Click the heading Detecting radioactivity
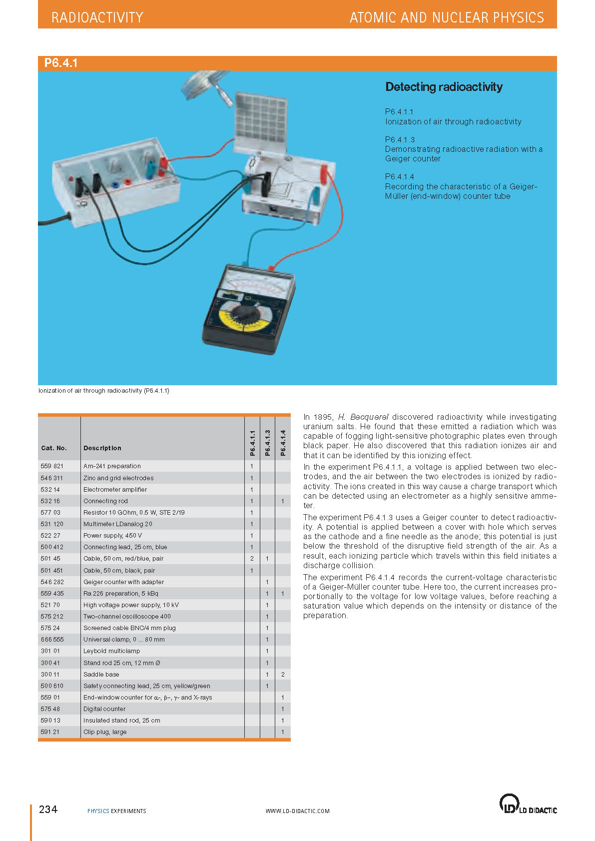point(444,87)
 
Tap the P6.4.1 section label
point(60,63)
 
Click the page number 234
point(48,809)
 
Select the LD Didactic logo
point(528,804)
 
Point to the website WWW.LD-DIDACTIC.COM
point(297,811)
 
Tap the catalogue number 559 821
point(52,466)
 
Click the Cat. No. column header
point(54,448)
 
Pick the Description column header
point(102,448)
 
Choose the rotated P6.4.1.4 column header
point(283,443)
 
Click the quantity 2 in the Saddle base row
point(283,674)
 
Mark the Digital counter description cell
point(104,709)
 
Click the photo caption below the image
point(104,391)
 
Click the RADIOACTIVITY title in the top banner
point(97,17)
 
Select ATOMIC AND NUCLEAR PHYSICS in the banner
point(446,17)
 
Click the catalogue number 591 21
point(50,732)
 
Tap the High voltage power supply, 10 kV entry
point(131,605)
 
